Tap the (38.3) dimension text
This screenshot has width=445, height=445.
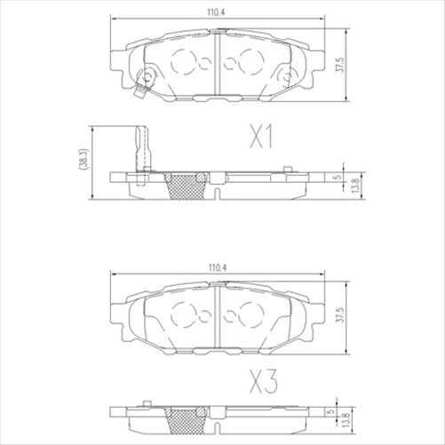(82, 157)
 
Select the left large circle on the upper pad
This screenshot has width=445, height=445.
(185, 63)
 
